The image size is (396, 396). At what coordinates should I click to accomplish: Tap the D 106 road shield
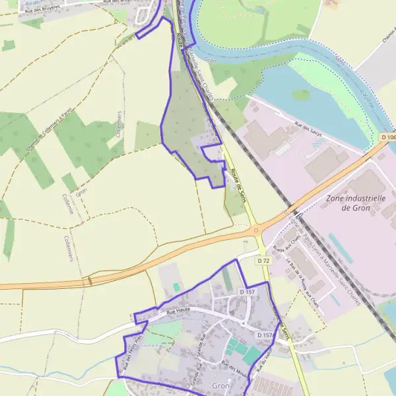[388, 137]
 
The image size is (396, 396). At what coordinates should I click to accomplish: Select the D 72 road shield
[263, 261]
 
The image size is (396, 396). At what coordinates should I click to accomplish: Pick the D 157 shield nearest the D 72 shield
[247, 291]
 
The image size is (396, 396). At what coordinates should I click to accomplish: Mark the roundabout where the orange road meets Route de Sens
[257, 230]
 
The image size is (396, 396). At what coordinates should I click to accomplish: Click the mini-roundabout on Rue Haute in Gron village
[243, 325]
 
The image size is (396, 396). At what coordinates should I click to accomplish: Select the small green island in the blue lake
[302, 95]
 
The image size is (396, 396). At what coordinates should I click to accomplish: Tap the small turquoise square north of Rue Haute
[176, 286]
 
